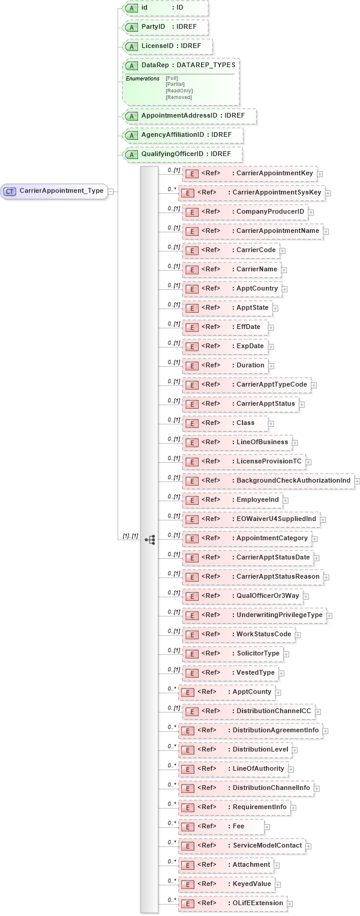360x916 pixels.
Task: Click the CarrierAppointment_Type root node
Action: click(55, 191)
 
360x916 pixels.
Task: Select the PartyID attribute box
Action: click(166, 28)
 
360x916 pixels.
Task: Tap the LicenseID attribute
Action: click(167, 46)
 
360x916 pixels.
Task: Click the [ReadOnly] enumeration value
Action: click(179, 91)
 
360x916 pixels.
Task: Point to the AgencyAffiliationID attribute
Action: click(182, 135)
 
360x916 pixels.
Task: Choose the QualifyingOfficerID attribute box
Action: click(182, 154)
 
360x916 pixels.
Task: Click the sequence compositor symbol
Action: click(150, 540)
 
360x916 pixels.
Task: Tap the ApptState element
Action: click(227, 308)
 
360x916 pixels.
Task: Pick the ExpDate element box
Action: click(225, 346)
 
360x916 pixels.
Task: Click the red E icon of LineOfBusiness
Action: click(191, 442)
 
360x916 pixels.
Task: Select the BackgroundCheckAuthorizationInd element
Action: click(268, 481)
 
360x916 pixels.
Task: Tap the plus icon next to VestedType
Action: click(282, 673)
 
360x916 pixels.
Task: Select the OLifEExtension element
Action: click(232, 903)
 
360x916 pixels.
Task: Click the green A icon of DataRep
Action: click(131, 65)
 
